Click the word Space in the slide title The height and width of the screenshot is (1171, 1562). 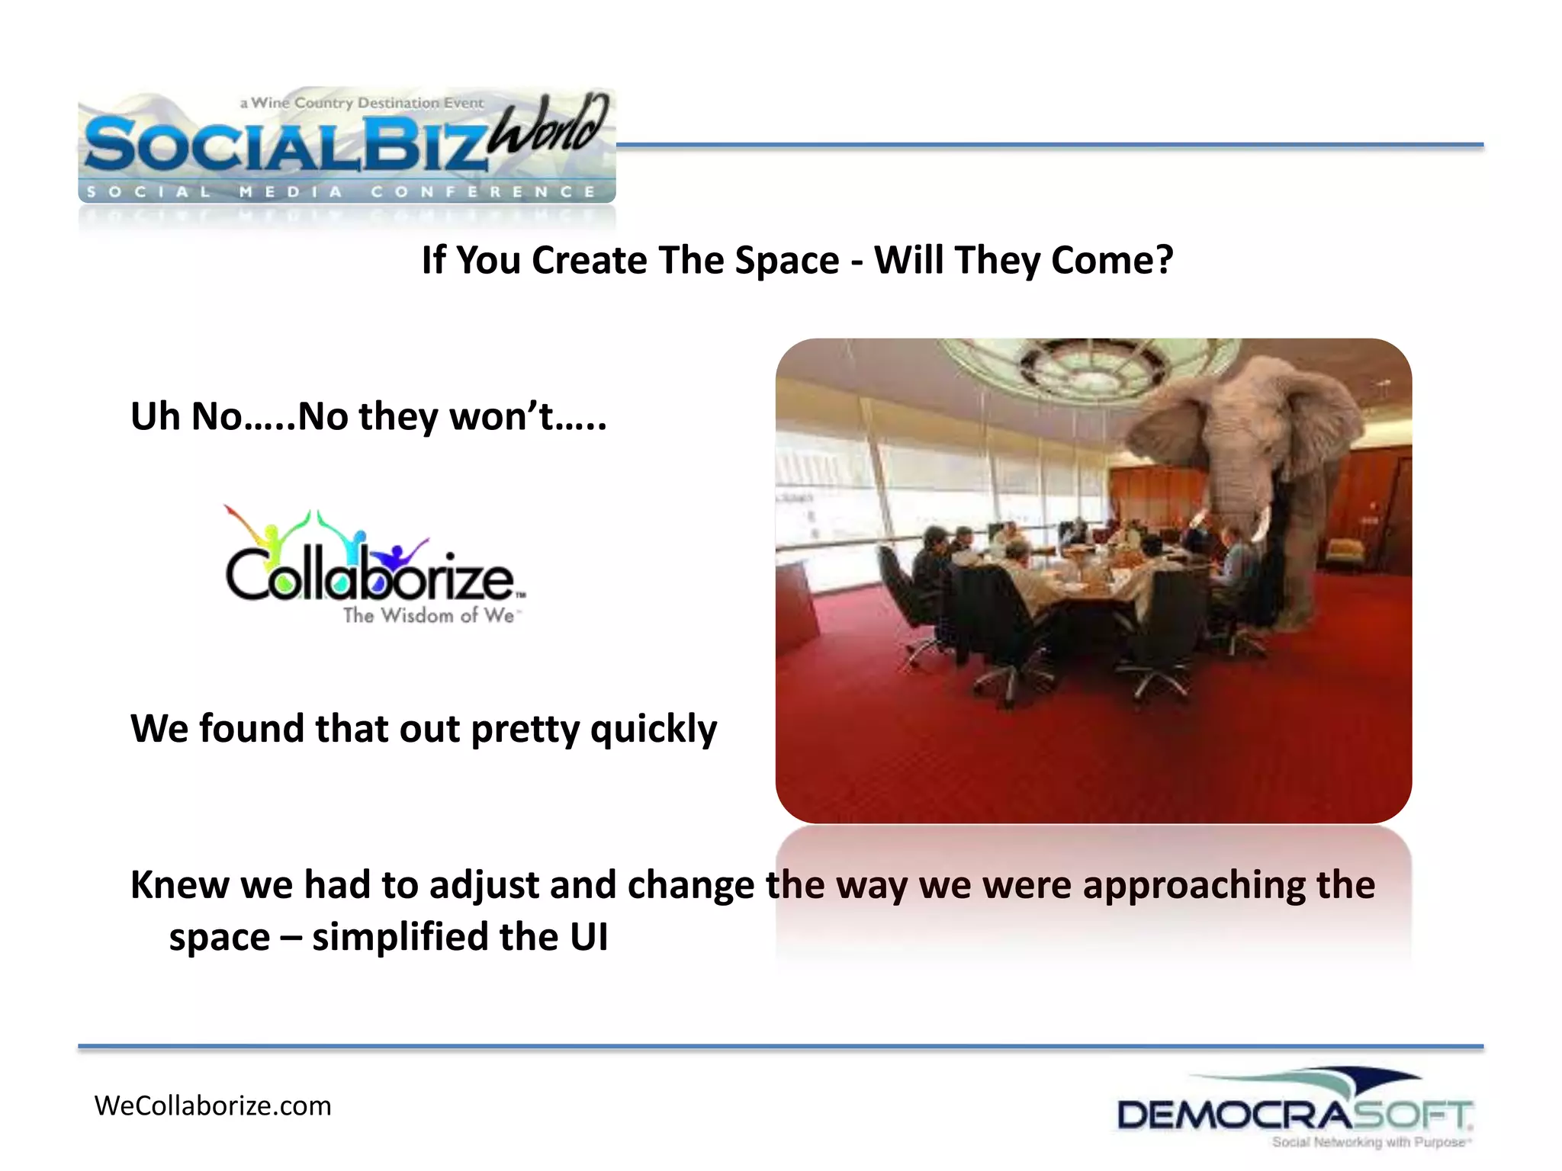[x=786, y=261]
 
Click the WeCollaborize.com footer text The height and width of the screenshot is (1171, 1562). [x=213, y=1105]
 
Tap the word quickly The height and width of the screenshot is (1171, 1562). [x=654, y=730]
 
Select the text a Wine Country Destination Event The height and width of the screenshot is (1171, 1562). [x=362, y=103]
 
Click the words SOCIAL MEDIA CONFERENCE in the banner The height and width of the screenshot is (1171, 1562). [x=341, y=192]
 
